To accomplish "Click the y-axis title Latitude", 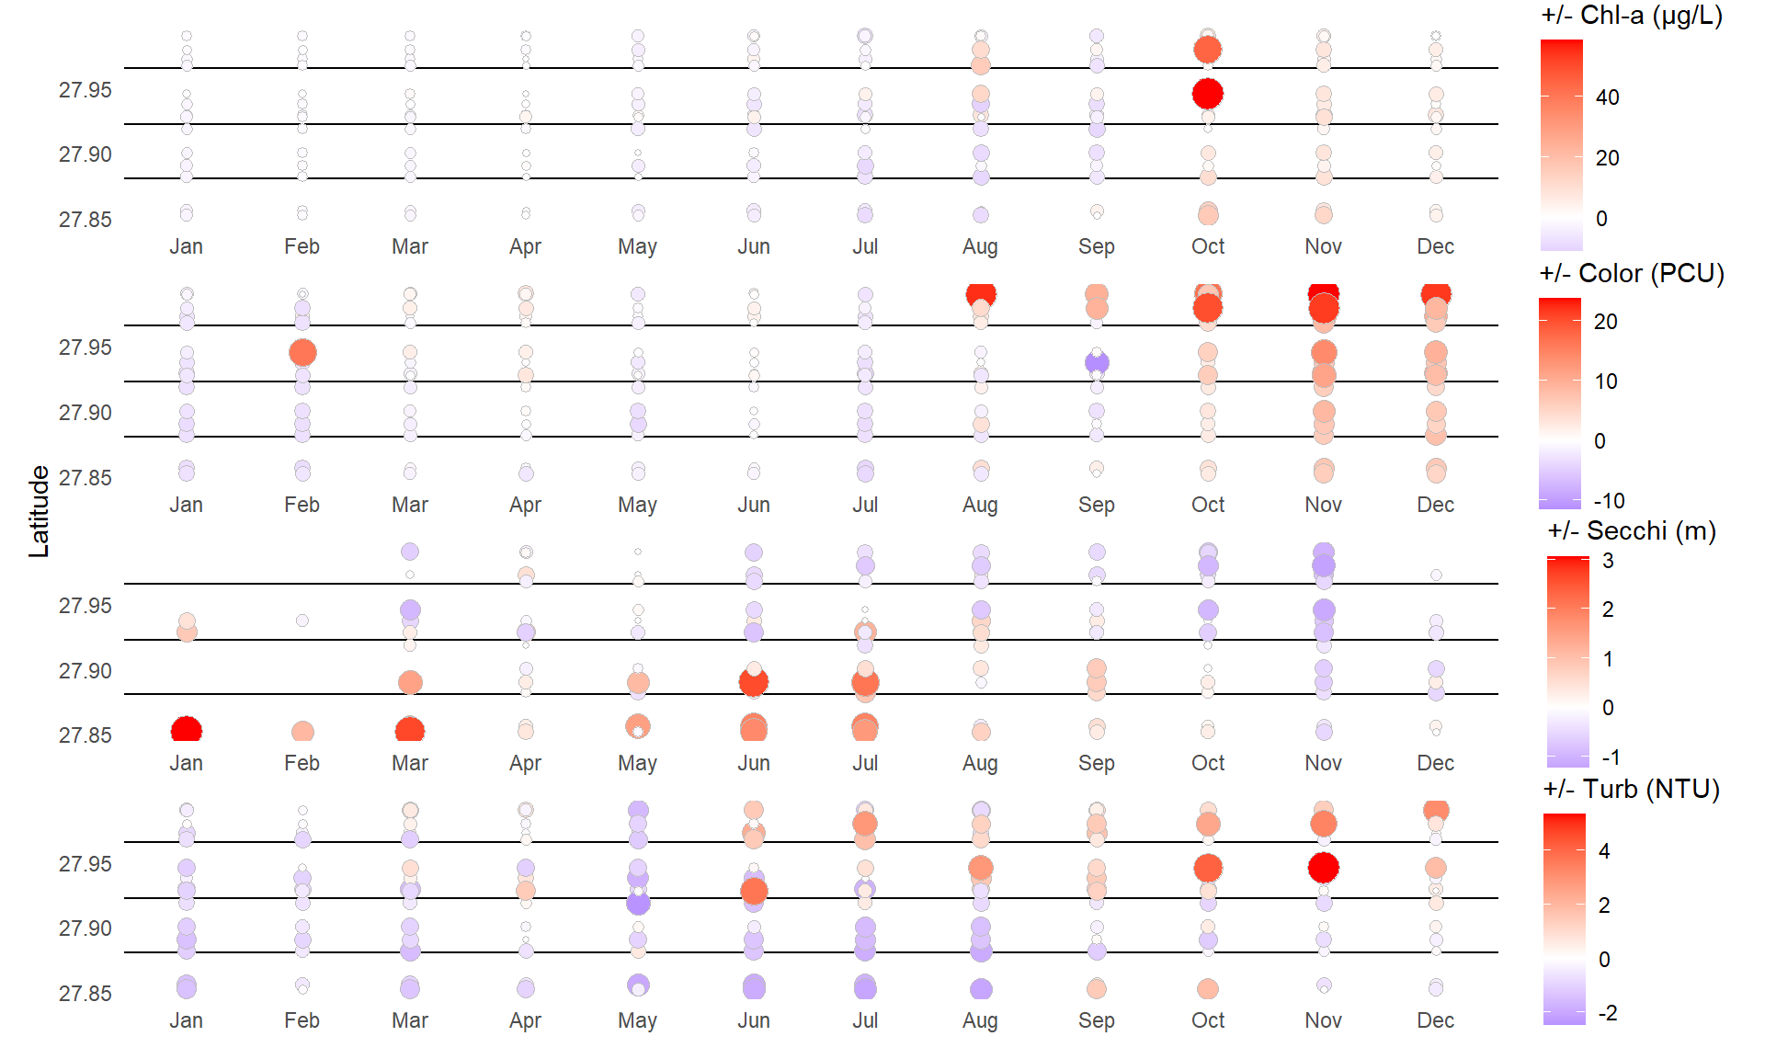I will point(39,511).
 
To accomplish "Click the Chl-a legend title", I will point(1632,16).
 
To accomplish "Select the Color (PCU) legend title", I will point(1632,274).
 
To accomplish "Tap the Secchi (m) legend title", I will point(1632,531).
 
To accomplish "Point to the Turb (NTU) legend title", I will point(1632,790).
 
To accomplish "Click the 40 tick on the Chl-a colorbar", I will point(1607,97).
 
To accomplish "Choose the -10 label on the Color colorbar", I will point(1609,501).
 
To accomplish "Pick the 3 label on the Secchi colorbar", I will point(1608,561).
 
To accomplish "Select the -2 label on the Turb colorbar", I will point(1608,1013).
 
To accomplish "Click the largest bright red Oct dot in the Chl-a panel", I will point(1208,93).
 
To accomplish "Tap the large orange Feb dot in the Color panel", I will point(302,352).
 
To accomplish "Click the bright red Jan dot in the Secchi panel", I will point(187,731).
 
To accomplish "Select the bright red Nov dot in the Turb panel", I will point(1323,867).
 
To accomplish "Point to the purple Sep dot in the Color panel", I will point(1097,362).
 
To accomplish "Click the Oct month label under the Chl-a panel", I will point(1208,246).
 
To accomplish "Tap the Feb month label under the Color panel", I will point(302,505).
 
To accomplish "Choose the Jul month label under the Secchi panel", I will point(865,763).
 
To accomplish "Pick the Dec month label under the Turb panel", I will point(1435,1020).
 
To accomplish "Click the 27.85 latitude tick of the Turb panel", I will point(85,994).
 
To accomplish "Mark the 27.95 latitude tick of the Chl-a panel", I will point(85,90).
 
